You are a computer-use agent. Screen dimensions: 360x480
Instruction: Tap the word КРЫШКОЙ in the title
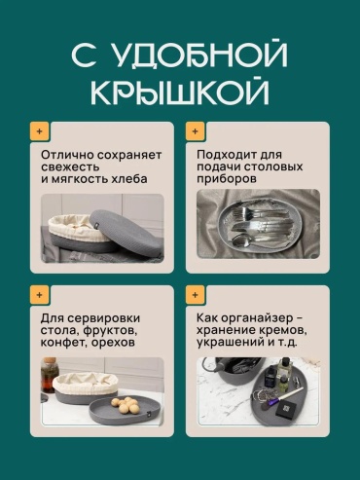pos(180,92)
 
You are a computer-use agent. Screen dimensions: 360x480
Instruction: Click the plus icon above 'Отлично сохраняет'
pos(40,131)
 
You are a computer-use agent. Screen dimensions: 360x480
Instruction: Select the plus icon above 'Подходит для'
pos(196,131)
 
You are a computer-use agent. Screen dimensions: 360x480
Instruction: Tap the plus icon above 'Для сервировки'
pos(40,295)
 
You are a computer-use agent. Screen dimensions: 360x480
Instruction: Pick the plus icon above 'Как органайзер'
pos(196,295)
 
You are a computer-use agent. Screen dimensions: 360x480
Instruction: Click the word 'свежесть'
pos(70,167)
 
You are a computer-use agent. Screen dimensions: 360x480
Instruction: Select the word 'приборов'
pos(227,179)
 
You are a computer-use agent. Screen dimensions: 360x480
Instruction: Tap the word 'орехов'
pos(113,343)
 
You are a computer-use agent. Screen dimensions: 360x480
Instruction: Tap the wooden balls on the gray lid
pos(126,405)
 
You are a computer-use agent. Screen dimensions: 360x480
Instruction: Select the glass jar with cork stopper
pos(49,375)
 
